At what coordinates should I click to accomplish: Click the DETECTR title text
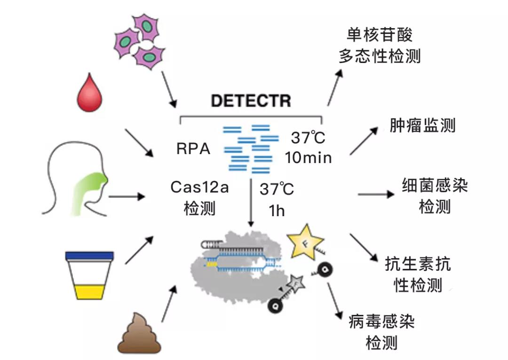pos(251,101)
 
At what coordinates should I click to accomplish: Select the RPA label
pos(193,149)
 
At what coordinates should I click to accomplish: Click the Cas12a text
pos(199,188)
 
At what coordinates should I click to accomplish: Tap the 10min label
pos(308,158)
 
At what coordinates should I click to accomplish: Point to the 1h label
pos(277,211)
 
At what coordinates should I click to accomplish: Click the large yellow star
pos(305,246)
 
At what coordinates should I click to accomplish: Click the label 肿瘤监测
pos(422,125)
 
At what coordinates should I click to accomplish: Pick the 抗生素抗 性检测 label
pos(418,274)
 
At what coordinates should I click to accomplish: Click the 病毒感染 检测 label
pos(381,332)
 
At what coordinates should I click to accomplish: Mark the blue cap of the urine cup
pos(89,256)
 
